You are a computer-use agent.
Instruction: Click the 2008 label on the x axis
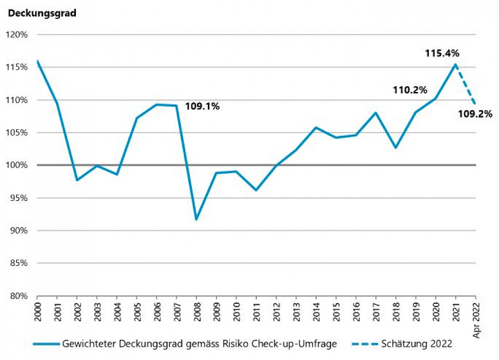coord(197,310)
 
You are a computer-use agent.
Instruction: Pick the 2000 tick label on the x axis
coord(37,310)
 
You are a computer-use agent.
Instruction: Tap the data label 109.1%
coord(203,107)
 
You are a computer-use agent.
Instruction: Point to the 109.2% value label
coord(475,114)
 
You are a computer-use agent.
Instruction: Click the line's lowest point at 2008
coord(196,220)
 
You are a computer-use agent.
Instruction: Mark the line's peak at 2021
coord(455,65)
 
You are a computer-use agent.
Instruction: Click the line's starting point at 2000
coord(37,61)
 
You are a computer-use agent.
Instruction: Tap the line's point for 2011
coord(256,190)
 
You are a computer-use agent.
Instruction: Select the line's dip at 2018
coord(396,147)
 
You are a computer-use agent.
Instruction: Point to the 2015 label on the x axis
coord(336,310)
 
